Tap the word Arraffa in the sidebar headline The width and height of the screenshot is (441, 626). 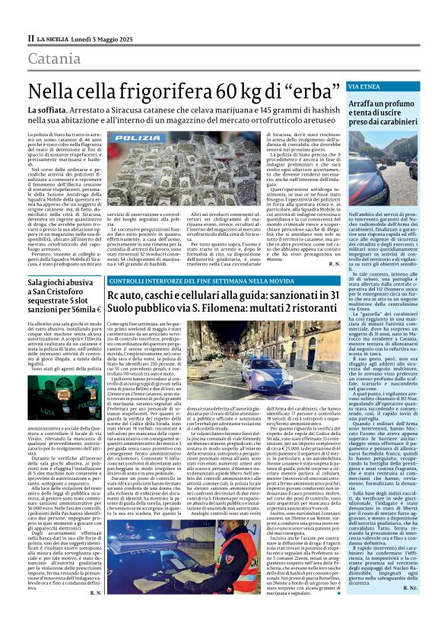pos(367,102)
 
